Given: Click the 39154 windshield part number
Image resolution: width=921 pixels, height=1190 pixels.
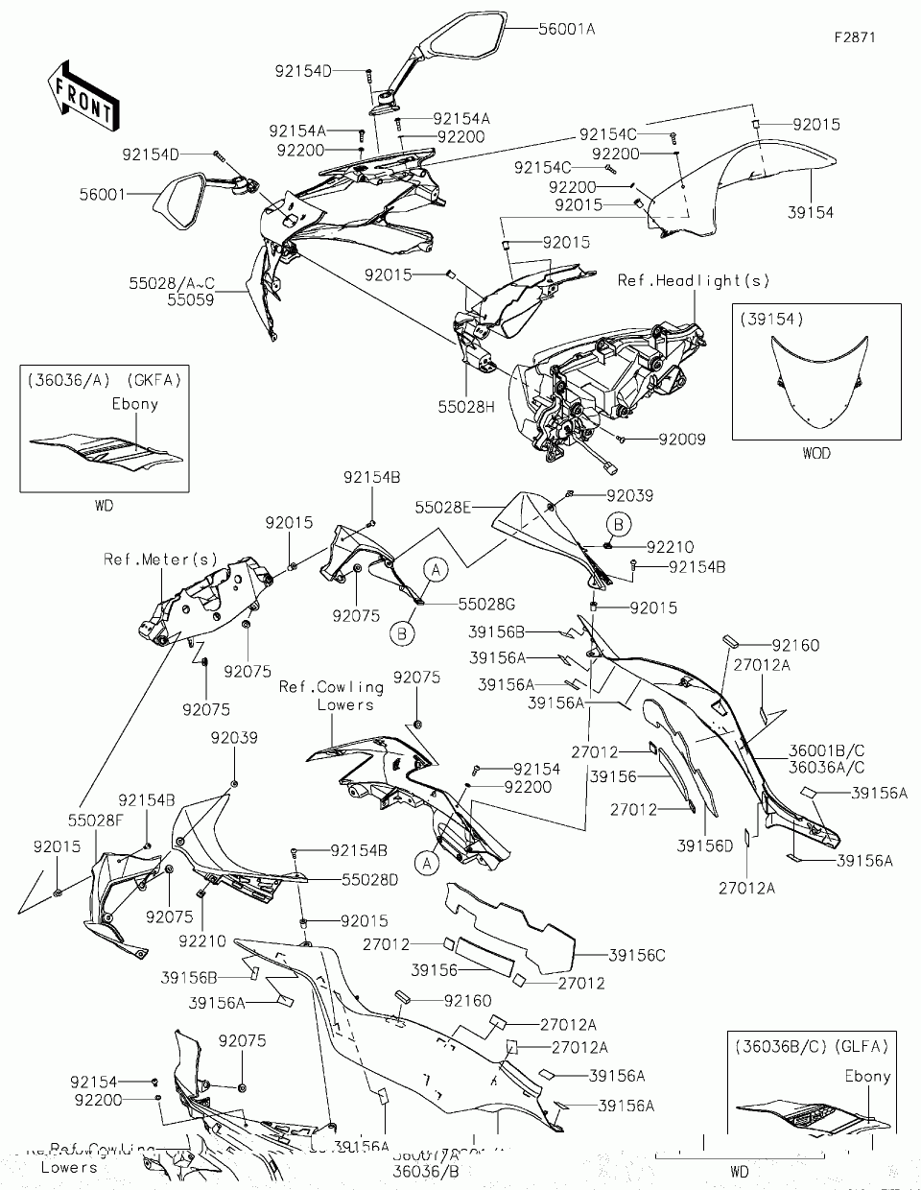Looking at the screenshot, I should pos(811,213).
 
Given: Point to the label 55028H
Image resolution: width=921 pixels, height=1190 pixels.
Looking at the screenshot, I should pos(468,407).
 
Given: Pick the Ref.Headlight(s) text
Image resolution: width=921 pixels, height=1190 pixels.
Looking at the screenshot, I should pos(694,280).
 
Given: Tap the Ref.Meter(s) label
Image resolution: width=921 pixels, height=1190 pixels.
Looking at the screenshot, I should pos(161,559).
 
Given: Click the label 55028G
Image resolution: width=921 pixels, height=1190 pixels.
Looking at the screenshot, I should pos(486,604).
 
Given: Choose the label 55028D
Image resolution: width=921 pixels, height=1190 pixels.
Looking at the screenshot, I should pos(370,878).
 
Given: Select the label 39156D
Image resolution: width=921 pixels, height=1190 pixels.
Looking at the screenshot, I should pos(705,845).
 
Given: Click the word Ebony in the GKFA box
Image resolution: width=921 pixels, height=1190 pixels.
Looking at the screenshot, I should pos(134,403).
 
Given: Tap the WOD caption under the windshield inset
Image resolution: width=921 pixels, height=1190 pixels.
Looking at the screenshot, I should pos(816,453).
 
